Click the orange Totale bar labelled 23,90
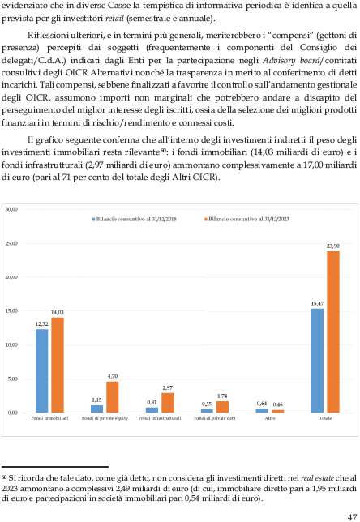point(333,332)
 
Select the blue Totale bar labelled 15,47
point(317,361)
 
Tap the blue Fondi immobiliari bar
point(41,371)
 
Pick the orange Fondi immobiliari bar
point(58,366)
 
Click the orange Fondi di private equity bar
point(113,397)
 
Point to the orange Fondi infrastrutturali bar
point(168,403)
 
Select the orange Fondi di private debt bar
point(222,407)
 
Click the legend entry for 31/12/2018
point(135,219)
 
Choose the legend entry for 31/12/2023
point(246,219)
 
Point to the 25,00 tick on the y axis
point(11,243)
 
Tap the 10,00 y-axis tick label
point(11,345)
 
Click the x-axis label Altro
point(270,418)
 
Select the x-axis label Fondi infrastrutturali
point(160,418)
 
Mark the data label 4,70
point(113,376)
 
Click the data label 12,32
point(41,324)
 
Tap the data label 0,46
point(278,404)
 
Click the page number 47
point(352,517)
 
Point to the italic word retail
point(114,19)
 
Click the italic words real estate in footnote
point(317,478)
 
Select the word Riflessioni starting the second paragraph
point(49,36)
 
